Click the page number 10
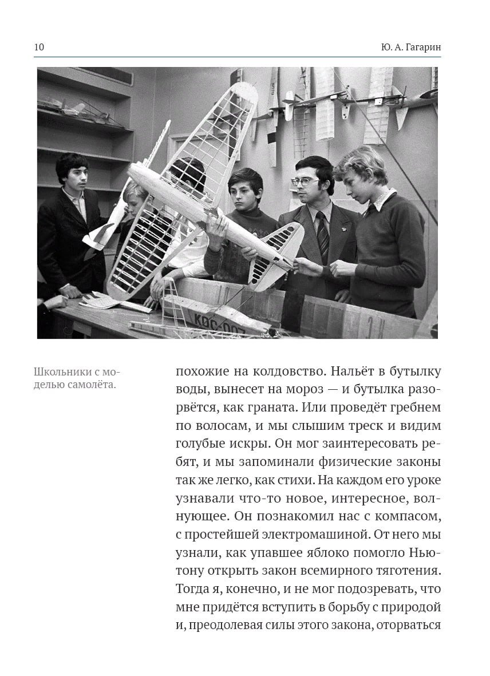tap(39, 48)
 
